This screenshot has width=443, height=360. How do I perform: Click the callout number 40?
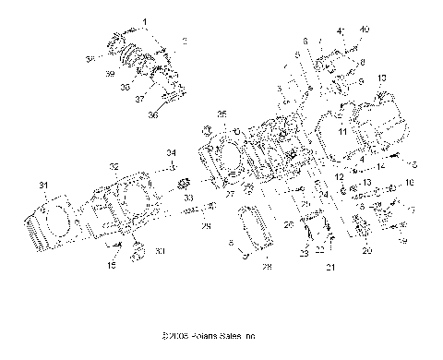point(364,30)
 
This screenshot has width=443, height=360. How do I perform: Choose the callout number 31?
point(42,186)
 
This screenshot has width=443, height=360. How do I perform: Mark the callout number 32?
point(114,166)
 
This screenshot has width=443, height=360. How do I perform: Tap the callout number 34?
point(171,152)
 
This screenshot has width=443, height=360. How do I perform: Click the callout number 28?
point(266,267)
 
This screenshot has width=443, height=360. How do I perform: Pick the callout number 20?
point(367,250)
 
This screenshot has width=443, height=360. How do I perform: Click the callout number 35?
point(221,114)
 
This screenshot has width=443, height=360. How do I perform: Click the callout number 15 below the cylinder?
point(113,266)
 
